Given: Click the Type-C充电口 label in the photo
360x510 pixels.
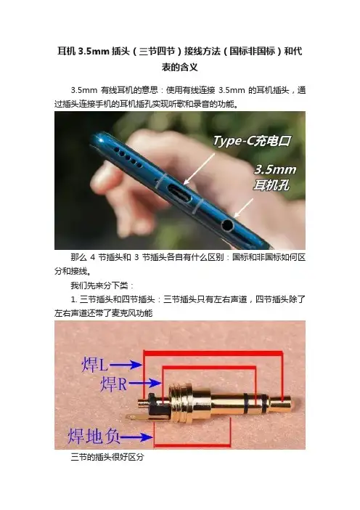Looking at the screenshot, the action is pyautogui.click(x=252, y=141).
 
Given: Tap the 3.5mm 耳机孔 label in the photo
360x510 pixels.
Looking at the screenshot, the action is pyautogui.click(x=275, y=177).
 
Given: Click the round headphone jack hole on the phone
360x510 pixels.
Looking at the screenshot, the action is pyautogui.click(x=227, y=224).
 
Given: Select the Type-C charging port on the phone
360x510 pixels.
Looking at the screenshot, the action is pyautogui.click(x=178, y=192).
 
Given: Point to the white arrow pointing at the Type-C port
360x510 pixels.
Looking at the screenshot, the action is pyautogui.click(x=198, y=169).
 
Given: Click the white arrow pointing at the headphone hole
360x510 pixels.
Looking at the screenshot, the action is pyautogui.click(x=243, y=208).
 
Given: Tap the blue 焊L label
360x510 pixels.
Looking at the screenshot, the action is pyautogui.click(x=94, y=365).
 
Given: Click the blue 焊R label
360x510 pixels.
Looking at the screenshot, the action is pyautogui.click(x=113, y=384).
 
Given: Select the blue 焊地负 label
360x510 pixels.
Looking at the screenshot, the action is pyautogui.click(x=94, y=436).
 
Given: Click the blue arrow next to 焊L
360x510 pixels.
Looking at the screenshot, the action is pyautogui.click(x=126, y=365).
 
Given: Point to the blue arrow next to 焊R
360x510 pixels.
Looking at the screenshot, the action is pyautogui.click(x=144, y=383).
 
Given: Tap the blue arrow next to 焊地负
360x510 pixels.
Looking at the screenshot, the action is pyautogui.click(x=136, y=437).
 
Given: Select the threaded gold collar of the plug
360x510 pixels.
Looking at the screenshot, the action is pyautogui.click(x=180, y=402).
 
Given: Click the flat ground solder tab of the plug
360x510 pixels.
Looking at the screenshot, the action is pyautogui.click(x=136, y=418).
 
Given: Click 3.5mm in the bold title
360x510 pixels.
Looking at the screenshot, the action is pyautogui.click(x=94, y=52).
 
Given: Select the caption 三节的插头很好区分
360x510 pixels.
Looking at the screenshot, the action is pyautogui.click(x=107, y=457).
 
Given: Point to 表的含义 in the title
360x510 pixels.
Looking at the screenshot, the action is pyautogui.click(x=180, y=68).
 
